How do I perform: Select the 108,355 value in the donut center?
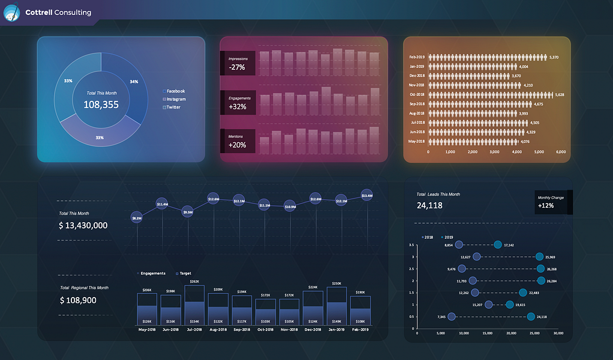tap(101, 104)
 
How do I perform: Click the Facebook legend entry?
tap(175, 91)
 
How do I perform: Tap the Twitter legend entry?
tap(172, 107)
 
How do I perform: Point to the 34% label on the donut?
tap(134, 82)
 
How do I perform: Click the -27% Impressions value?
tap(237, 67)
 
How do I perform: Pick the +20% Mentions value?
tap(237, 145)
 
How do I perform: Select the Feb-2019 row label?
tap(417, 57)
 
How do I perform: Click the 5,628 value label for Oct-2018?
tap(560, 95)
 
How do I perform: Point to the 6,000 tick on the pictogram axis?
tap(561, 152)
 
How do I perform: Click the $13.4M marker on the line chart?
tap(367, 196)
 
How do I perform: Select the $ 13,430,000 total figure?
tap(83, 226)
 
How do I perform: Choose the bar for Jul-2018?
tap(194, 305)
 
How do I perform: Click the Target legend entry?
tap(183, 274)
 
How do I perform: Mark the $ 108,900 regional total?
tap(78, 300)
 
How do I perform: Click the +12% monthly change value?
tap(546, 206)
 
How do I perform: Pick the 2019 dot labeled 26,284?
tap(541, 280)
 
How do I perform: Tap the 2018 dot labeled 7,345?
tap(452, 317)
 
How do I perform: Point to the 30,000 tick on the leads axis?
tap(558, 333)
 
